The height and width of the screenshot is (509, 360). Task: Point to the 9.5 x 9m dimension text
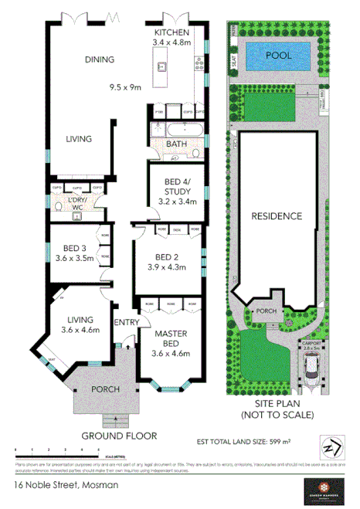pos(127,87)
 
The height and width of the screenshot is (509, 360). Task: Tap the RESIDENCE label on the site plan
pos(276,216)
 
